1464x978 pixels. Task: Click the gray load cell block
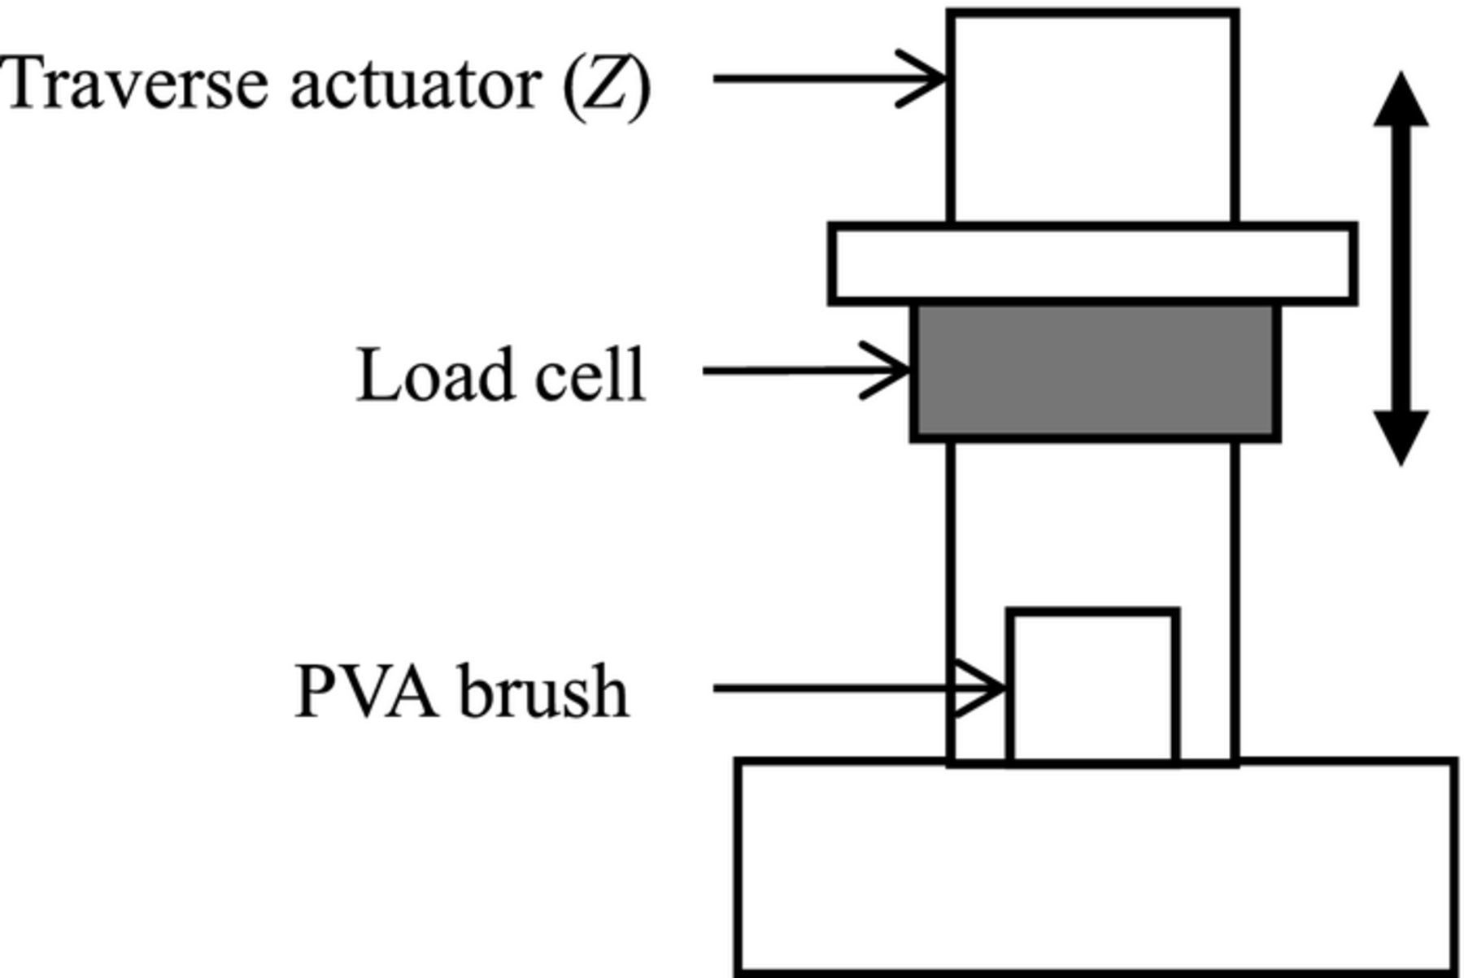(x=1095, y=372)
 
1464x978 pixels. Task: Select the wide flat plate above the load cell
(x=1092, y=263)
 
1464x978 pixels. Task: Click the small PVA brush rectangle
(x=1092, y=687)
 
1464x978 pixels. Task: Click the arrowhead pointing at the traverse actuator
(x=927, y=79)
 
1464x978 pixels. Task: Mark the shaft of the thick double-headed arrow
(x=1401, y=268)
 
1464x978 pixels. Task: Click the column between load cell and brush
(x=1093, y=520)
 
